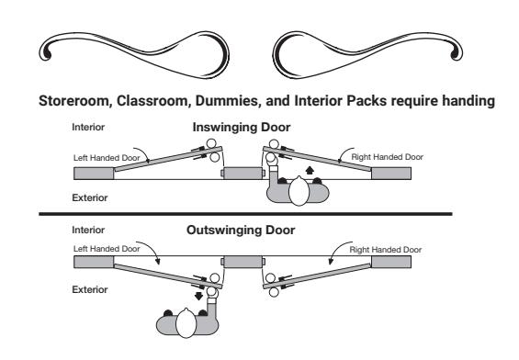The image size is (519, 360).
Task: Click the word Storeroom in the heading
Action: [x=73, y=101]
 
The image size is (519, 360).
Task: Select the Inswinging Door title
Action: [x=242, y=127]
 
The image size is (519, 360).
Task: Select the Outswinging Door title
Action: [x=241, y=230]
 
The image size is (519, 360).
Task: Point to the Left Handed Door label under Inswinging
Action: [x=107, y=158]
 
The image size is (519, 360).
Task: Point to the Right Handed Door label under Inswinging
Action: [x=387, y=157]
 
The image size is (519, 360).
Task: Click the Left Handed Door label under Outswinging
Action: [x=107, y=249]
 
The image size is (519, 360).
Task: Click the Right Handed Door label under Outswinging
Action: [x=386, y=250]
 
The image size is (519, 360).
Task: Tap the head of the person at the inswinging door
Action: [x=299, y=191]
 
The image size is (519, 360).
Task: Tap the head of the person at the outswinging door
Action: [x=186, y=323]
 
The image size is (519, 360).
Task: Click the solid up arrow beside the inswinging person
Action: [x=310, y=171]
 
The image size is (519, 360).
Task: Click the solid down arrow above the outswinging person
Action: [x=198, y=296]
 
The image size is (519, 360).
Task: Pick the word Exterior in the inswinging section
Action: [x=90, y=197]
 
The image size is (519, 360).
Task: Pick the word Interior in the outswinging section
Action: [x=88, y=230]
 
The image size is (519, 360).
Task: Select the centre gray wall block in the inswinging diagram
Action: [x=243, y=173]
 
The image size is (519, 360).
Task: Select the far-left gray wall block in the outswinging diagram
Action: [x=94, y=262]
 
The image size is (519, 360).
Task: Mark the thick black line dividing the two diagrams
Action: [x=245, y=214]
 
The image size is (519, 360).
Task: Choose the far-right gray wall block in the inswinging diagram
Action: [x=391, y=173]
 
